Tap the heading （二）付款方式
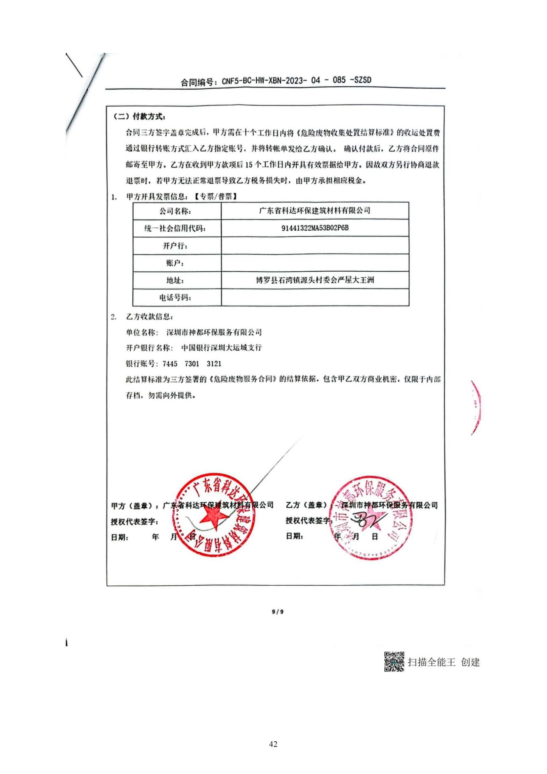(140, 116)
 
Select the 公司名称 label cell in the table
(177, 211)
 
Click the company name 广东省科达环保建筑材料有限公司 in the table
(315, 211)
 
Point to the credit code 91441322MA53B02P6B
(315, 228)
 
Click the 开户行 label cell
(177, 246)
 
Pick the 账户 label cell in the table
(177, 263)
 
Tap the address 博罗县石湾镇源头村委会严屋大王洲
(315, 280)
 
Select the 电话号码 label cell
(177, 298)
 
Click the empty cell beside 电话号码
(315, 297)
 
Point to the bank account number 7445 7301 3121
(191, 364)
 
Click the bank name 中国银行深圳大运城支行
(221, 347)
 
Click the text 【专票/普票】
(216, 197)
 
